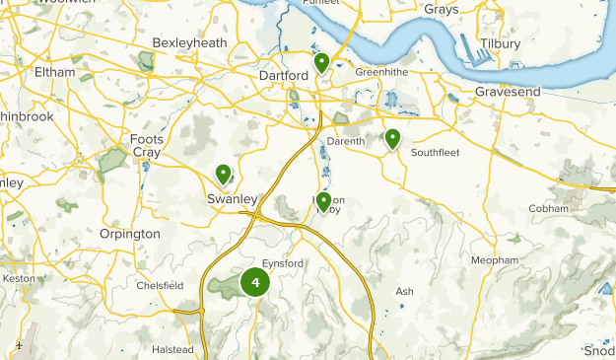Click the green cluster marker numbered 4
(255, 282)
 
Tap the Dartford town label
(284, 75)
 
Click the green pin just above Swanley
(224, 176)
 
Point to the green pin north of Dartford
(321, 64)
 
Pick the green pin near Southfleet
(392, 139)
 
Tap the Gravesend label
(508, 91)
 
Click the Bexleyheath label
(190, 44)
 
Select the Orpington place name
(129, 234)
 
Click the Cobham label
(548, 209)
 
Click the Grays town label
(442, 10)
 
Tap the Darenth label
(345, 141)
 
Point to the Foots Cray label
(147, 146)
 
